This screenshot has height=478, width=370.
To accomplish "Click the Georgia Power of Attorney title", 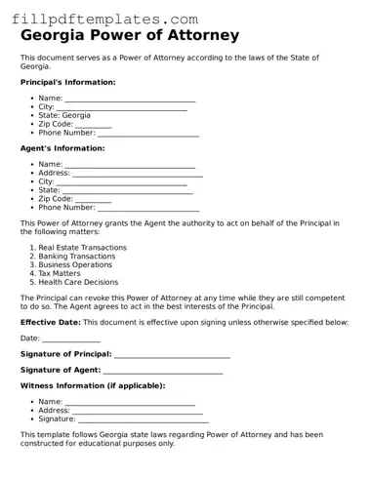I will pos(130,36).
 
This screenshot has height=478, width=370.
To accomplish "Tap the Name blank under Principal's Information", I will pos(130,100).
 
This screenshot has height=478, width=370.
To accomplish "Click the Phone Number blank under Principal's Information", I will pos(148,133).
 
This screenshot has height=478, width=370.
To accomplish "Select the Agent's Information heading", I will pos(62,148).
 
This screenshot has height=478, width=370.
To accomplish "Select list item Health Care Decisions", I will pos(78,282).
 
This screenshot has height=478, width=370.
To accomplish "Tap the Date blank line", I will pos(70,339).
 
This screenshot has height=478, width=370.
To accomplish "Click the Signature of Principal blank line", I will pos(172,354).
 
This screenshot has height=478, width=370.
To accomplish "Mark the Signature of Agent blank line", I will pos(162,371).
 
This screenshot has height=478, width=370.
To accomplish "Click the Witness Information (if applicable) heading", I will pos(93,386).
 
